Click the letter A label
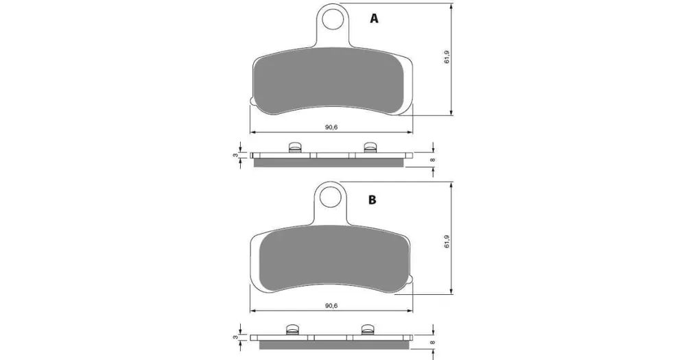pos(374,19)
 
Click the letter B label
pos(372,200)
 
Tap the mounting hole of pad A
pos(333,18)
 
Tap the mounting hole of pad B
pos(331,196)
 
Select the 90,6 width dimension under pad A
pos(331,128)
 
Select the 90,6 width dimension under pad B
pos(331,306)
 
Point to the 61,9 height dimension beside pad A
pos(447,58)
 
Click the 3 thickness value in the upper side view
pos(235,155)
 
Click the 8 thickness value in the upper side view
pos(433,160)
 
